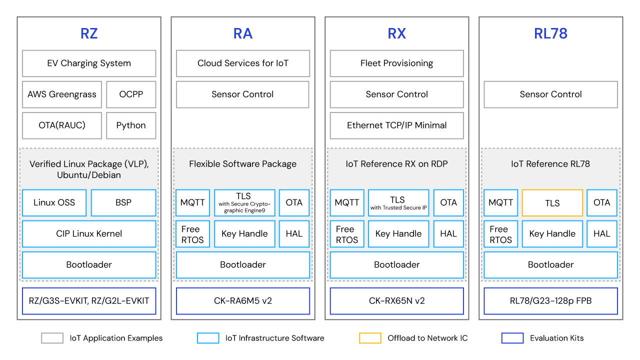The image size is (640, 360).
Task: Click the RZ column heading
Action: point(89,33)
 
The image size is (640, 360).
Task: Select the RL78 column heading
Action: point(550,33)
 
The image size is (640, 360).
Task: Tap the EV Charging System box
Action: point(89,63)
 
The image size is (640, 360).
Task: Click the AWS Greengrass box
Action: point(62,94)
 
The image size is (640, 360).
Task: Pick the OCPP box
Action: point(131,94)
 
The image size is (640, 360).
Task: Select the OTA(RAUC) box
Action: point(62,125)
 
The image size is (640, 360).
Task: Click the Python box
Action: point(131,125)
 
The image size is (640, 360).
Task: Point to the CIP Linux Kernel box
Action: point(89,234)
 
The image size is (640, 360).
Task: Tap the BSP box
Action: point(123,202)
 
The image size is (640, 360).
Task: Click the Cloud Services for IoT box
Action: point(243,63)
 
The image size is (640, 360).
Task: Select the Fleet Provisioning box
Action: point(397,63)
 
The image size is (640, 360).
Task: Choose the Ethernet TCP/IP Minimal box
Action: point(397,125)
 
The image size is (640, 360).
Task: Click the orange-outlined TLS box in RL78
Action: point(552,203)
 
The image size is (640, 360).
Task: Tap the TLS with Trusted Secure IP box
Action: point(398,202)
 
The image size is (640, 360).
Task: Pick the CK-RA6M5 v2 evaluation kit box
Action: point(243,301)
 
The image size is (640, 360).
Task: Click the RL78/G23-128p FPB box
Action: point(550,301)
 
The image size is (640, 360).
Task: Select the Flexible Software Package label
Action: point(243,164)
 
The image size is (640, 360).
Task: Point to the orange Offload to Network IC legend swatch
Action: point(370,338)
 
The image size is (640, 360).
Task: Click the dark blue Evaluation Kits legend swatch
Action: point(512,338)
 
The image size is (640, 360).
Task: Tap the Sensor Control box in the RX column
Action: point(397,94)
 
